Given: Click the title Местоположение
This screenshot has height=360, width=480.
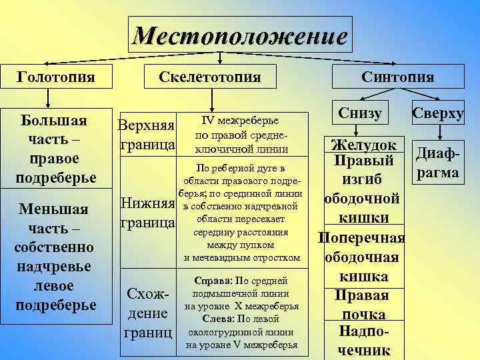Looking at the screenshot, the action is pyautogui.click(x=239, y=35).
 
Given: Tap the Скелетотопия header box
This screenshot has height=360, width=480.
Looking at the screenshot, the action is pyautogui.click(x=209, y=77).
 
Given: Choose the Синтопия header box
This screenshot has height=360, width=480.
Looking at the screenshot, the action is pyautogui.click(x=397, y=77).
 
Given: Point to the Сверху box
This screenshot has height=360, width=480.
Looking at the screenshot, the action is pyautogui.click(x=437, y=113).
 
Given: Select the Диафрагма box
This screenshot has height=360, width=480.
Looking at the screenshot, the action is pyautogui.click(x=437, y=163).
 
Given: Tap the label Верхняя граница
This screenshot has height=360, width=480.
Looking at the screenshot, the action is pyautogui.click(x=146, y=135).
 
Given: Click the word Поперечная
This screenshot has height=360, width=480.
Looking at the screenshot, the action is pyautogui.click(x=363, y=238).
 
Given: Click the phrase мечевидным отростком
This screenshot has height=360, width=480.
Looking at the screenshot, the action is pyautogui.click(x=243, y=257).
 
